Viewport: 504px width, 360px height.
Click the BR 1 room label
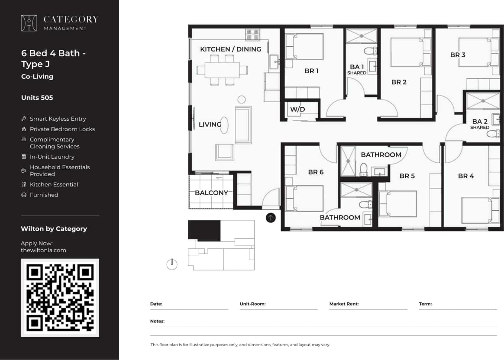coord(311,71)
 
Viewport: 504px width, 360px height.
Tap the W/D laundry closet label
coord(297,109)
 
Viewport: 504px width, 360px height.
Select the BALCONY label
coord(211,193)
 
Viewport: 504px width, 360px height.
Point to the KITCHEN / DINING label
coord(230,49)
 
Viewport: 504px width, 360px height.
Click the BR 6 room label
coord(316,172)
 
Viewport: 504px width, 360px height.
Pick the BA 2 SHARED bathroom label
coord(480,124)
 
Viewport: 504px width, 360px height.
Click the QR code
coord(60,298)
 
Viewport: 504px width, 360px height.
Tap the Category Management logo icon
coord(29,23)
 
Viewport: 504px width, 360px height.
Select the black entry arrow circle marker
coord(271,218)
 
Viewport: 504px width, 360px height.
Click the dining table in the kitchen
coord(222,70)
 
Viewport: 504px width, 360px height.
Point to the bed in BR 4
coord(477,210)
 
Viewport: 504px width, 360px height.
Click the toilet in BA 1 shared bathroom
coord(370,51)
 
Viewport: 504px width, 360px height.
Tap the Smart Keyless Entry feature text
coord(58,119)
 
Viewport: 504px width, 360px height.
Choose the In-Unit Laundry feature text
coord(52,157)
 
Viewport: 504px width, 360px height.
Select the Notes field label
coord(157,321)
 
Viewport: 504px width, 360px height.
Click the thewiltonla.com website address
coord(43,250)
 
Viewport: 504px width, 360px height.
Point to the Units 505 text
coord(37,98)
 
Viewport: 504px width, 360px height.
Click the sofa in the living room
coord(243,125)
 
